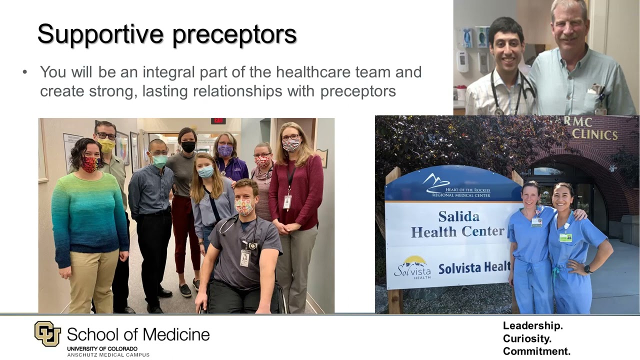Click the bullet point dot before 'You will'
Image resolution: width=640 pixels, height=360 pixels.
coord(25,72)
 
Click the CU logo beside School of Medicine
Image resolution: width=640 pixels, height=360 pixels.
coord(47,333)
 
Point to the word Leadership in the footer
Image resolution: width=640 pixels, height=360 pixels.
coord(532,325)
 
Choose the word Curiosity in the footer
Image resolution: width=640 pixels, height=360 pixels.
coord(527,338)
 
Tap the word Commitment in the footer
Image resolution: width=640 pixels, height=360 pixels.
coord(536,351)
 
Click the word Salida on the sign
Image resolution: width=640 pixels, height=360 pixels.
coord(458,216)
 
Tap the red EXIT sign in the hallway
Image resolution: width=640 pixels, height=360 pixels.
coord(218,121)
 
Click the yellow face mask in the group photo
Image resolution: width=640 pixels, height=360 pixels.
coord(107,145)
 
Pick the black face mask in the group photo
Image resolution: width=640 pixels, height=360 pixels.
coord(188,146)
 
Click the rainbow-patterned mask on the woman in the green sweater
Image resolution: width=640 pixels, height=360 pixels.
coord(90,164)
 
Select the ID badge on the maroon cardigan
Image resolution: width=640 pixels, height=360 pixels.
coord(287,202)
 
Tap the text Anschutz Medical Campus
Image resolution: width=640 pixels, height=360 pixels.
coord(108,354)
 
